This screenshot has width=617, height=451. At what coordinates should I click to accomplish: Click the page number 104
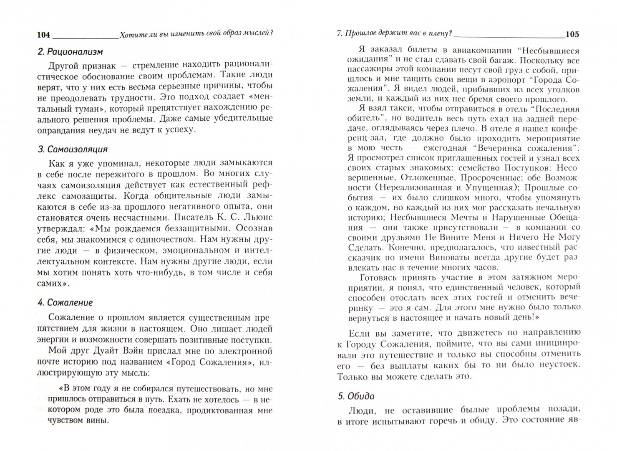(x=43, y=35)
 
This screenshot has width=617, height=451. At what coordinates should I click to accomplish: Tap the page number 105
(x=572, y=35)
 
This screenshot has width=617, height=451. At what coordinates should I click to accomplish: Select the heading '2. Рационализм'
(x=70, y=52)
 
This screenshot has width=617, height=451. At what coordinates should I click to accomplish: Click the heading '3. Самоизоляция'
(x=72, y=149)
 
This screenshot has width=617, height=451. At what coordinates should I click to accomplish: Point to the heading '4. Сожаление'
(x=65, y=302)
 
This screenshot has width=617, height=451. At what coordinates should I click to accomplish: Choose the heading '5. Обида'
(x=355, y=396)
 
